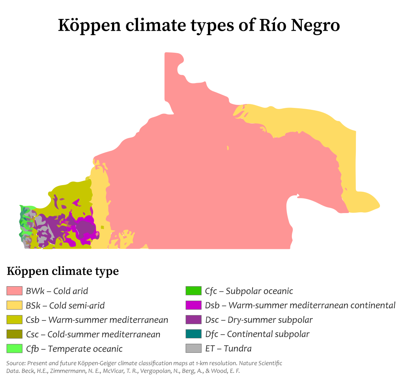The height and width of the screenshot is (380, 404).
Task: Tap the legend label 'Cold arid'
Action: (x=71, y=291)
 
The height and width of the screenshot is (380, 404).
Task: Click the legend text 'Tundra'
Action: (x=239, y=349)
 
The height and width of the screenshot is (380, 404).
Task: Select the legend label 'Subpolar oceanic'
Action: (x=259, y=291)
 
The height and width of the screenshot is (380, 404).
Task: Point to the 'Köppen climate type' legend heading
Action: (x=63, y=271)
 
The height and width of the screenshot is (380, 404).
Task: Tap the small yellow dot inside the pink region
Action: (x=228, y=148)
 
